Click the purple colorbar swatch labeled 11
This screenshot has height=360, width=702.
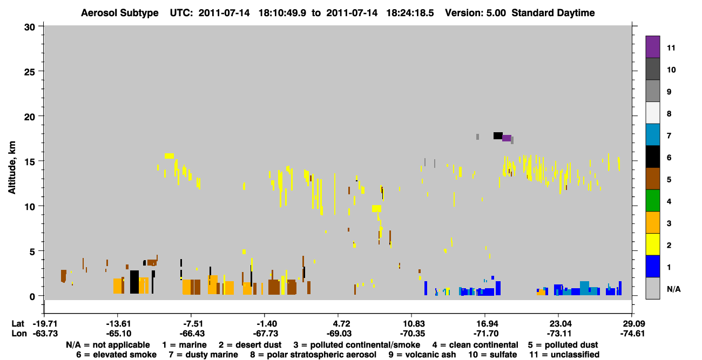coord(652,47)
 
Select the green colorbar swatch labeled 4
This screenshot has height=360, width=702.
coord(652,201)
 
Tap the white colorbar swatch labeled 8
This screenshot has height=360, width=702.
coord(652,113)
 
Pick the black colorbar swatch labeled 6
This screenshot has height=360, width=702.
coord(652,157)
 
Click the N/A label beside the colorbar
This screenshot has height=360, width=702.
coord(673,289)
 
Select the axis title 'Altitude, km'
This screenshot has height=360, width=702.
coord(11,168)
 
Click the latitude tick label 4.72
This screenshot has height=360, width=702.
coord(338,323)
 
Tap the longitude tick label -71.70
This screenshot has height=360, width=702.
coord(485,334)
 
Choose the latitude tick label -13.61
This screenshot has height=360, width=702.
coord(118,323)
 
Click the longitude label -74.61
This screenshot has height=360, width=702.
coord(632,334)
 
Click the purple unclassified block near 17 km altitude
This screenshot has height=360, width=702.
coord(507,138)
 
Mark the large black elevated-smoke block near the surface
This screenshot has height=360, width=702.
coord(134,282)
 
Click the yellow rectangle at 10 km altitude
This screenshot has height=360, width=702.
coord(377,209)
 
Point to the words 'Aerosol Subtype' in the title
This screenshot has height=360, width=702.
coord(120,13)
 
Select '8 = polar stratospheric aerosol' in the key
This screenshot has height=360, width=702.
coord(313,355)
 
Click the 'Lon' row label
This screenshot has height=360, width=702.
coord(19,334)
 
